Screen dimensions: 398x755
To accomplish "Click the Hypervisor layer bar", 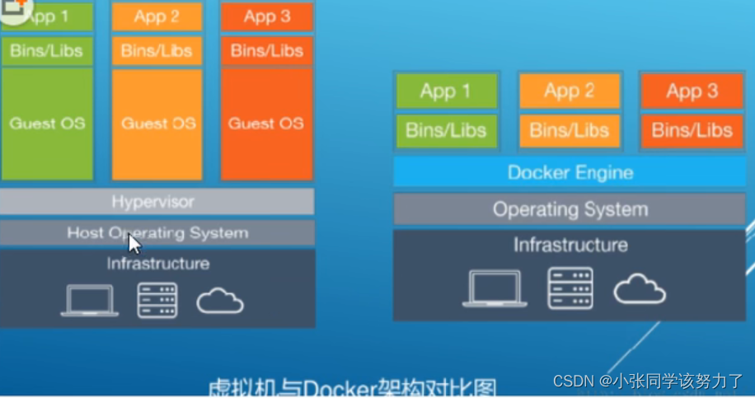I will pos(157,202).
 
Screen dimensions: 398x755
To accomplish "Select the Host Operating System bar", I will pos(157,233).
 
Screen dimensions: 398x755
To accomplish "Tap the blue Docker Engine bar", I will pos(570,173).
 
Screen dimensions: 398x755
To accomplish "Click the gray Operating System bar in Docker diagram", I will pos(570,209).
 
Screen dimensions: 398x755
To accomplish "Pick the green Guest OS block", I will pos(47,124).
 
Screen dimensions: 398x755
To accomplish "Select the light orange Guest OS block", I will pos(157,124).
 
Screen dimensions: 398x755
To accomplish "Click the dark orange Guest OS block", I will pos(266,124).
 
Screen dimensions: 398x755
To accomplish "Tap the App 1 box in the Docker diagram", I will pos(447,91).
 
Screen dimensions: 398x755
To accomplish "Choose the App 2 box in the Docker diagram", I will pos(570,91).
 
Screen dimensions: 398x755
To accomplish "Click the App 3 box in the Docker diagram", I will pos(692,91).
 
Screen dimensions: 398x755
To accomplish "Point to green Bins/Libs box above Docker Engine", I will pos(447,130).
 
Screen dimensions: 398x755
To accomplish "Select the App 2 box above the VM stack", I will pos(157,16).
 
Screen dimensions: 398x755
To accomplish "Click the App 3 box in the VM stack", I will pos(266,16).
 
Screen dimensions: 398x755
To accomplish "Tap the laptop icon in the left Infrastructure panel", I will pos(89,301).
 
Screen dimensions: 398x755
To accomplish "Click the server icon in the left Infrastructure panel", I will pos(157,300).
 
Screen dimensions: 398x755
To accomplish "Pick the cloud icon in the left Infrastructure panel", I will pos(220,302).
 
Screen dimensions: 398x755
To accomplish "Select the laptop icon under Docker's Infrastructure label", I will pos(495,288).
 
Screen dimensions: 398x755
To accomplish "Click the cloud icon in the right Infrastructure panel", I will pos(640,288).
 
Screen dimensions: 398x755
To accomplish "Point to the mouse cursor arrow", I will pos(134,246).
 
